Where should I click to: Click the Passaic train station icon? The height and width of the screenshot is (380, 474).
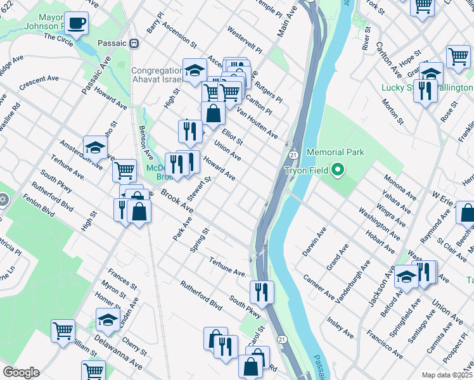tap(134, 43)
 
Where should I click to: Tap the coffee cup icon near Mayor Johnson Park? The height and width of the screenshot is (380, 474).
tap(77, 24)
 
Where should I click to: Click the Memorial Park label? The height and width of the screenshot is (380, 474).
tap(335, 153)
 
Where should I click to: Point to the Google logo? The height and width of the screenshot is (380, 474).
tap(20, 372)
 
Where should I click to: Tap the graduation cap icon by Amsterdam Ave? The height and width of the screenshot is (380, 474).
tap(95, 148)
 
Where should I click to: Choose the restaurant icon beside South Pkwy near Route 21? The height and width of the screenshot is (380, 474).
tap(262, 291)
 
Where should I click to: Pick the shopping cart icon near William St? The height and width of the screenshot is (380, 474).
tap(63, 331)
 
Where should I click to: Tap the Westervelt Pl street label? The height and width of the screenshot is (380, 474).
tap(244, 40)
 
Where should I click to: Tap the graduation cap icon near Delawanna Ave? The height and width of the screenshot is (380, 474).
tap(108, 319)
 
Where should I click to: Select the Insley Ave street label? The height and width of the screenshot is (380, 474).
tap(341, 325)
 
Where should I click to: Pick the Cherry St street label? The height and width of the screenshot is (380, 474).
tap(135, 346)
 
